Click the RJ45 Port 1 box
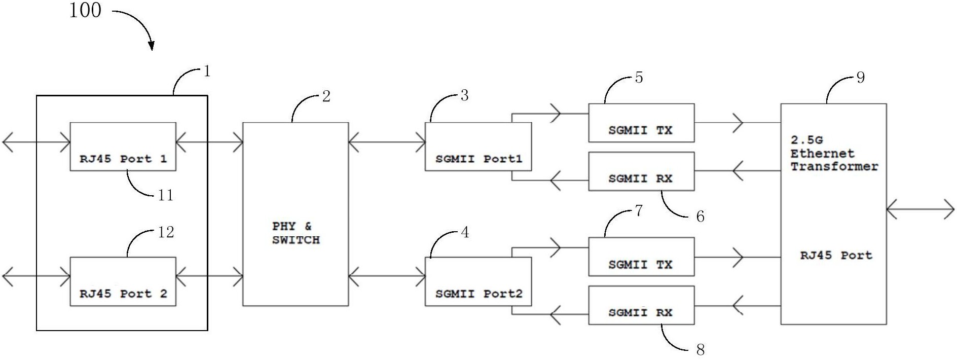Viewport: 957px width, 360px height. point(123,147)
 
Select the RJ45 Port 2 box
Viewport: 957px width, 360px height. point(123,281)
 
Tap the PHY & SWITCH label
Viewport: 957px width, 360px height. point(296,233)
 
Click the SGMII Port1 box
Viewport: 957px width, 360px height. point(478,147)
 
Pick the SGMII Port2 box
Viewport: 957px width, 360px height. point(478,281)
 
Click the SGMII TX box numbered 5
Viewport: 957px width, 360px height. point(641,123)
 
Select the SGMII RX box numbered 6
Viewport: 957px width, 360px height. point(641,171)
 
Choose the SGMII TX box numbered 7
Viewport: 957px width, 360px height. point(641,257)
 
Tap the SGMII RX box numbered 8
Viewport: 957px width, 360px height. point(641,305)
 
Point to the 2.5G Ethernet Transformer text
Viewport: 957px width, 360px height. point(834,153)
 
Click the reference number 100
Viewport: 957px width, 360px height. point(85,11)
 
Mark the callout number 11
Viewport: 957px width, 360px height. point(166,195)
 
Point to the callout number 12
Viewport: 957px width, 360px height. point(166,232)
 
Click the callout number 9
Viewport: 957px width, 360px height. point(860,78)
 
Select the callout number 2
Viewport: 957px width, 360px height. point(326,96)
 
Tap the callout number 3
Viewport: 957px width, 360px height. point(464,95)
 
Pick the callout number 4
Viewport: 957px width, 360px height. point(464,233)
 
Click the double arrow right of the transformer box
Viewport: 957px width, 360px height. point(921,209)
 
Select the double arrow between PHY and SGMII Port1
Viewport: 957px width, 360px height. point(387,143)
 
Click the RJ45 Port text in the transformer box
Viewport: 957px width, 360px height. point(836,256)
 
